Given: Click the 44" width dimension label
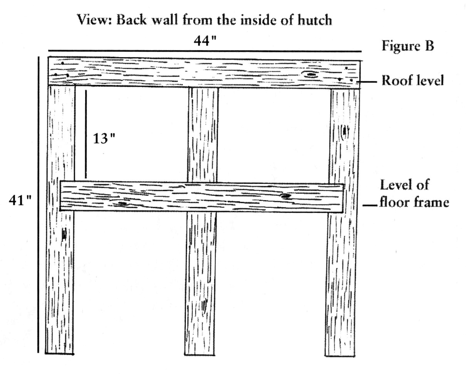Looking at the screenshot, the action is click(205, 41).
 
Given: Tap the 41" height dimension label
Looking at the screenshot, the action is click(20, 200).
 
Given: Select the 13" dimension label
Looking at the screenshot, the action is click(104, 138).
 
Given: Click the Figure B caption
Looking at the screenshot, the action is click(408, 46).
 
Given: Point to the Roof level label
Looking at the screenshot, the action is click(412, 80).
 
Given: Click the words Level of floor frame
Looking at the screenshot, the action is click(414, 194).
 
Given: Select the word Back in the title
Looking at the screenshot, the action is click(132, 20).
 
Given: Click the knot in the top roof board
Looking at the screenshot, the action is click(311, 75).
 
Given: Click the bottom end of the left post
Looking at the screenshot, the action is click(59, 354).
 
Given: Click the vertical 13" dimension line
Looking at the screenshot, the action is click(86, 134).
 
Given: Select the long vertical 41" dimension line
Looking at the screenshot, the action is click(39, 205).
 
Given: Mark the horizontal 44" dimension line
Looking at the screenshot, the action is click(205, 51).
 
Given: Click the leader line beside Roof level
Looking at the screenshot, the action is click(367, 82).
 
